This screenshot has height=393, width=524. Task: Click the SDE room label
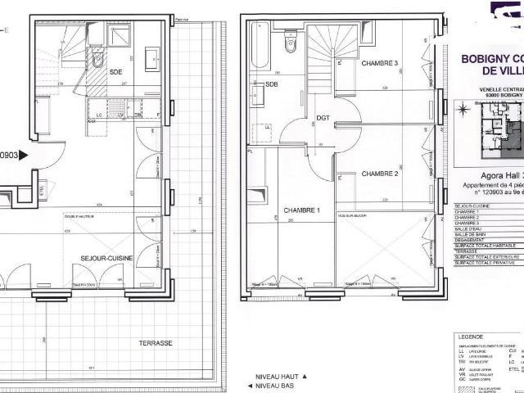click(115, 72)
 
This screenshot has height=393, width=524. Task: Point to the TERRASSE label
click(155, 320)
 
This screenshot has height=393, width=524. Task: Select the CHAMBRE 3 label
click(378, 64)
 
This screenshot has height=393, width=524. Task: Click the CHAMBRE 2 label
click(378, 174)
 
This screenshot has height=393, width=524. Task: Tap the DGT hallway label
click(323, 118)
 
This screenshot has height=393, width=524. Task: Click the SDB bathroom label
click(271, 83)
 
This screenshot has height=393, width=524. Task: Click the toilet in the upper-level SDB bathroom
click(290, 41)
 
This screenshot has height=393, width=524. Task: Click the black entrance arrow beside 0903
click(24, 154)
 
